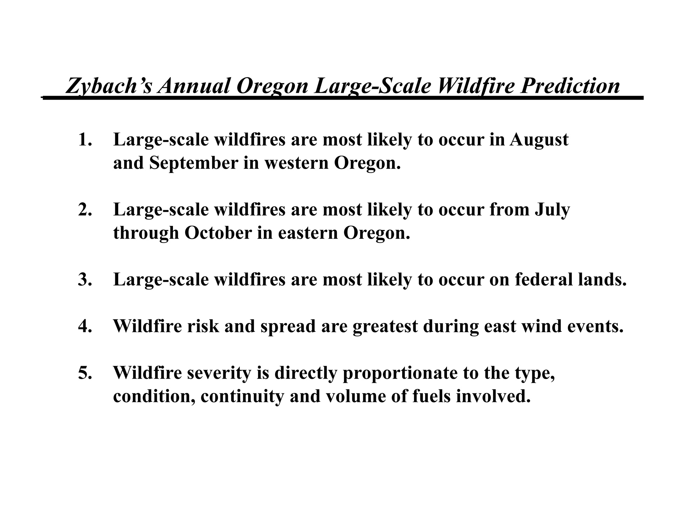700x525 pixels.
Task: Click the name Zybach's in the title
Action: tap(109, 86)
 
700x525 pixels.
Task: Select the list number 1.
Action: tap(85, 140)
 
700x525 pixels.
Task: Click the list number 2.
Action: tap(85, 210)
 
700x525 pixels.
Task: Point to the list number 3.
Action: tap(85, 280)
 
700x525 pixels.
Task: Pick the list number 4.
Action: tap(85, 326)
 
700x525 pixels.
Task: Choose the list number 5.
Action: tap(85, 373)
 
